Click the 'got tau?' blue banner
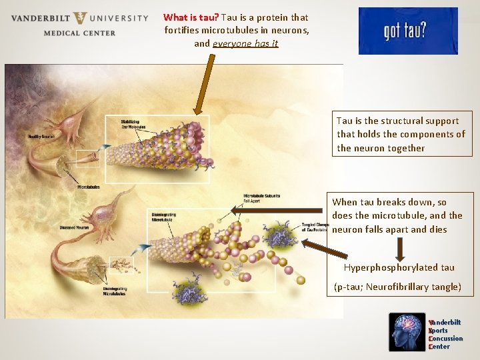coord(408,31)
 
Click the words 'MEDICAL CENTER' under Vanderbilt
coord(79,33)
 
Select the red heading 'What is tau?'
coord(189,17)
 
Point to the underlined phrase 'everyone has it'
coord(245,43)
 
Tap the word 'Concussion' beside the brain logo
coord(446,339)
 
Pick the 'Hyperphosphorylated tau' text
coord(399,267)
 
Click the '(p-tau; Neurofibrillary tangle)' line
coord(397,287)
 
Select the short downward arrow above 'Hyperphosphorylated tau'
coord(400,249)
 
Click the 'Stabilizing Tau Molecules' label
coord(134,124)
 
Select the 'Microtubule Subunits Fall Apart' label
coord(261,197)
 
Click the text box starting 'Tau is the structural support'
coord(401,134)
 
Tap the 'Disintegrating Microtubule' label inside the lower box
coord(165,216)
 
